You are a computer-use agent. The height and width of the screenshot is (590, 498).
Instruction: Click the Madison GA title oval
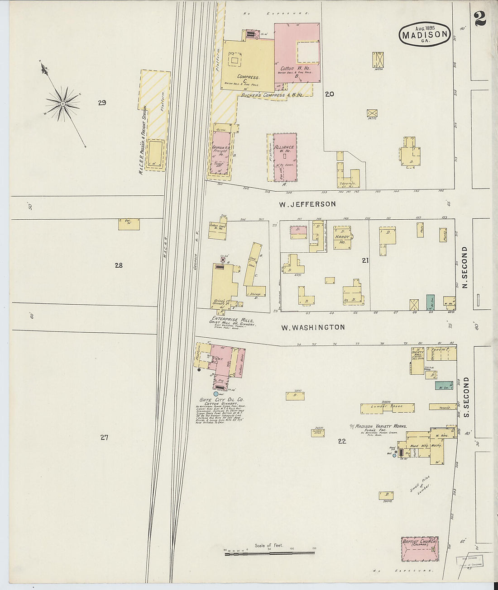point(424,35)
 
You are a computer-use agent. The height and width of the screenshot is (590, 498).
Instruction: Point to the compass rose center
point(62,104)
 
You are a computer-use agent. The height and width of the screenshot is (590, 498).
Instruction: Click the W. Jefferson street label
point(307,204)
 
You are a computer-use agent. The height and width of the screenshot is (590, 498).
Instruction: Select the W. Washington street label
point(313,327)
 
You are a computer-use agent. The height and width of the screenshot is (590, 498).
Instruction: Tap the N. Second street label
point(465,267)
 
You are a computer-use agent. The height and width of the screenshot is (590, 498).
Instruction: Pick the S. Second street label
point(467,397)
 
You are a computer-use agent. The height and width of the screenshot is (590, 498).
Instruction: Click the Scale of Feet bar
point(269,553)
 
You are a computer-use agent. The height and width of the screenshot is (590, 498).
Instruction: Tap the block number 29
point(102,103)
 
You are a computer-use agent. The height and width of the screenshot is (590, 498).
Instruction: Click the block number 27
point(105,437)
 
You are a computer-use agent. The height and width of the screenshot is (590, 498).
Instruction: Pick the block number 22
point(342,441)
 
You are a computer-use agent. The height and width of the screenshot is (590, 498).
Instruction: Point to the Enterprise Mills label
point(231,319)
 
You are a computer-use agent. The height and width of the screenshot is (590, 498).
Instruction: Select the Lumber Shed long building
point(388,408)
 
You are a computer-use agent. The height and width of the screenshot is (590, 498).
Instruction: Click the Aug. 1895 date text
point(423,23)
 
